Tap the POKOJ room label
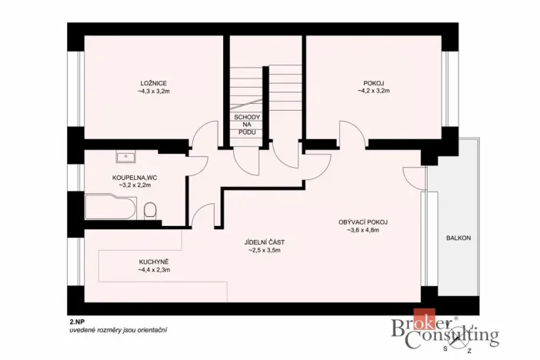pyautogui.click(x=374, y=83)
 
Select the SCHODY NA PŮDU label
pyautogui.click(x=248, y=125)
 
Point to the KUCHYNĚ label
pyautogui.click(x=154, y=262)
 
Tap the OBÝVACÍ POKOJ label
pyautogui.click(x=363, y=222)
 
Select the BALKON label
pyautogui.click(x=458, y=238)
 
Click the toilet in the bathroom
pyautogui.click(x=150, y=209)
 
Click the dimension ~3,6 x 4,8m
pyautogui.click(x=363, y=230)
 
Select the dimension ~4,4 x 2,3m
pyautogui.click(x=154, y=270)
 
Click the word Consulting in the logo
pyautogui.click(x=458, y=337)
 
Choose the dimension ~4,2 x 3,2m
pyautogui.click(x=374, y=92)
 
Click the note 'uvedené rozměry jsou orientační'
pyautogui.click(x=118, y=329)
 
